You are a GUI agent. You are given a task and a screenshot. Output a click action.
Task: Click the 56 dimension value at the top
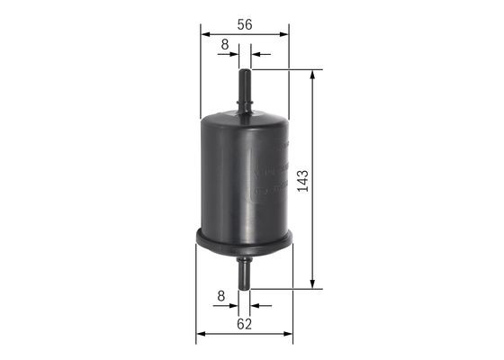pos(244,26)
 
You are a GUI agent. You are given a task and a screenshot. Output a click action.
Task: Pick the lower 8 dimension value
pos(220,294)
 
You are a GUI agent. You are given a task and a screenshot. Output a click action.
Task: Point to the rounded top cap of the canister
pos(244,117)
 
